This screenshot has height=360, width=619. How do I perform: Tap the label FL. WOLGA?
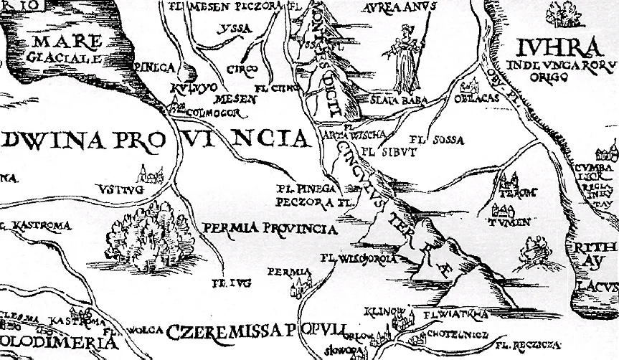pos(133,331)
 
